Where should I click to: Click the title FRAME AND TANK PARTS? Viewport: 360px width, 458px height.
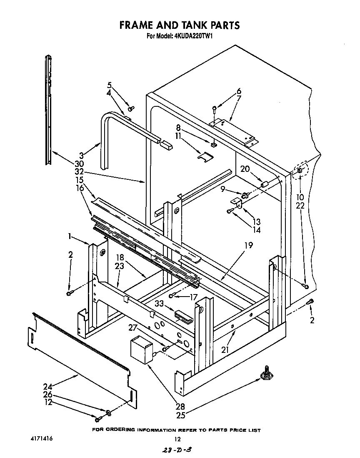180,25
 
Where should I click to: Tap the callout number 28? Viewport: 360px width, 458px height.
180,406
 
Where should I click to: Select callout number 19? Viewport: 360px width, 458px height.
248,246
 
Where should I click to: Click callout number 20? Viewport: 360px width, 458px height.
246,169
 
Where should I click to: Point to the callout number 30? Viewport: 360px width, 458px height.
79,164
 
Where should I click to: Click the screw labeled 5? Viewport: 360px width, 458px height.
130,108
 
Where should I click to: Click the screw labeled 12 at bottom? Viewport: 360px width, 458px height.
99,419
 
